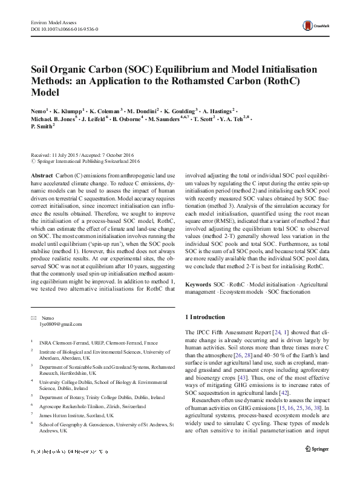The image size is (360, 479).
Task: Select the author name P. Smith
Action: (42, 127)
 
